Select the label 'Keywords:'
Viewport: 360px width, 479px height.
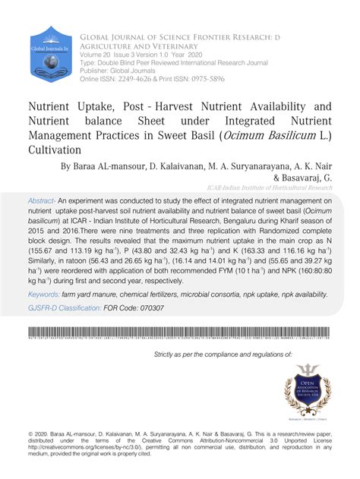tap(48, 294)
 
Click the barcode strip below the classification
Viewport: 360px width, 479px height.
tap(180, 332)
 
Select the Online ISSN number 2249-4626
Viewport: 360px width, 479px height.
tap(141, 79)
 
